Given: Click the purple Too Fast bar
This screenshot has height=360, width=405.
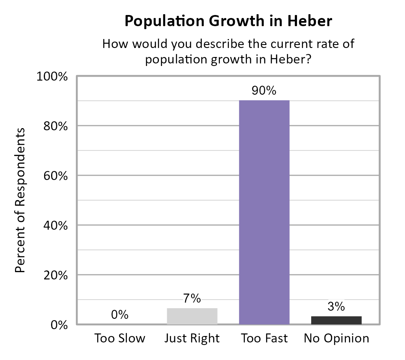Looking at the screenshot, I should tap(264, 212).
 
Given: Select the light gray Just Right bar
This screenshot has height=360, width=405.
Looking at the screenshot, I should tap(192, 316).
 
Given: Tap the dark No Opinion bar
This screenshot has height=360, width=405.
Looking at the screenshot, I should tap(336, 320).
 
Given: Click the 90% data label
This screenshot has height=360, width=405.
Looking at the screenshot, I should tap(264, 91).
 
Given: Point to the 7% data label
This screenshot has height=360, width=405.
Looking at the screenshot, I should tap(192, 298).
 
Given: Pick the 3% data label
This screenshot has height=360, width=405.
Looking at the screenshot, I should tap(336, 306).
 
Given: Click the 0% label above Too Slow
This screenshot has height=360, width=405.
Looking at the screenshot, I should tap(120, 315).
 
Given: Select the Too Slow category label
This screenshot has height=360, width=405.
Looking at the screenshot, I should tap(120, 339).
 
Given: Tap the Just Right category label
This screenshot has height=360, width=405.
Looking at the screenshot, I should tap(192, 339).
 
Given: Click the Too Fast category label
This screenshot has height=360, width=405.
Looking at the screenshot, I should tap(264, 339).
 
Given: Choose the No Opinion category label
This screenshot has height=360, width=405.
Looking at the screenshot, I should tap(336, 339).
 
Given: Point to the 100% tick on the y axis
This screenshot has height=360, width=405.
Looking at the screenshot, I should tap(54, 77).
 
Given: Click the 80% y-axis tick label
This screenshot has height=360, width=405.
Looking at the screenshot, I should tap(57, 126).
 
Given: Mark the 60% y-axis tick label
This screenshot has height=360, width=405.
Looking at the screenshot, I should tap(57, 176).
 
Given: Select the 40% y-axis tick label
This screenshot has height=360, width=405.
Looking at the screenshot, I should tap(57, 226).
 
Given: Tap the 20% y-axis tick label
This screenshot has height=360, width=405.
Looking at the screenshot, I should tap(57, 275).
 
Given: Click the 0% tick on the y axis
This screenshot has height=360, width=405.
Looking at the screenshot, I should tap(59, 325).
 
